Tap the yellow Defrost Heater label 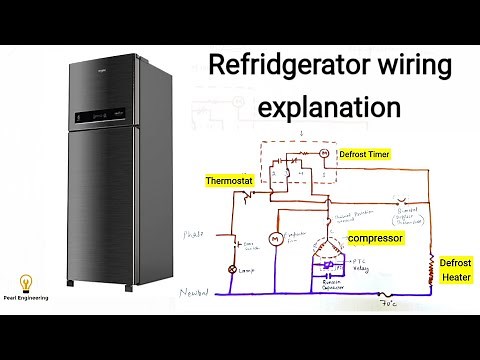(455, 269)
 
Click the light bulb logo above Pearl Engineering (22, 283)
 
